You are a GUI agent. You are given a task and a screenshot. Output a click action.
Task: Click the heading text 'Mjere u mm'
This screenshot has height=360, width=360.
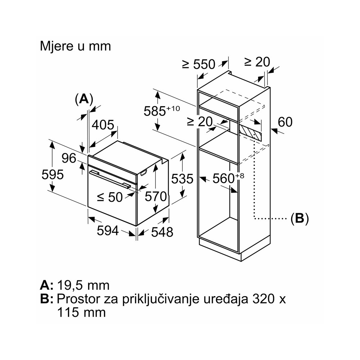point(75,46)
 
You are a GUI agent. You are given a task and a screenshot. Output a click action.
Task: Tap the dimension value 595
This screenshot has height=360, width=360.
point(53,174)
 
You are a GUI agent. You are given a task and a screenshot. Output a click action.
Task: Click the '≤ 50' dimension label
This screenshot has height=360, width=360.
point(110,197)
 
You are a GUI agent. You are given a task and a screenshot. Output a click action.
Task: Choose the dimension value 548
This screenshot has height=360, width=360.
point(161,232)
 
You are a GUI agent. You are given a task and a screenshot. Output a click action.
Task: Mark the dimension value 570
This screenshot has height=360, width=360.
point(156,196)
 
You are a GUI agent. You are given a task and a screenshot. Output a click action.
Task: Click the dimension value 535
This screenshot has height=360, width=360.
point(182,179)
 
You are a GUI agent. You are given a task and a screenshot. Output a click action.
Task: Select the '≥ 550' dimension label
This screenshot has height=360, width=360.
point(198,64)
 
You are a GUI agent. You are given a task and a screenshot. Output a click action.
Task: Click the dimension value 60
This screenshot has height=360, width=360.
point(285,122)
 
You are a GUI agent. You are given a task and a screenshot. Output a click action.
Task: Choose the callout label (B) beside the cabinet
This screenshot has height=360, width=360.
point(300,218)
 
